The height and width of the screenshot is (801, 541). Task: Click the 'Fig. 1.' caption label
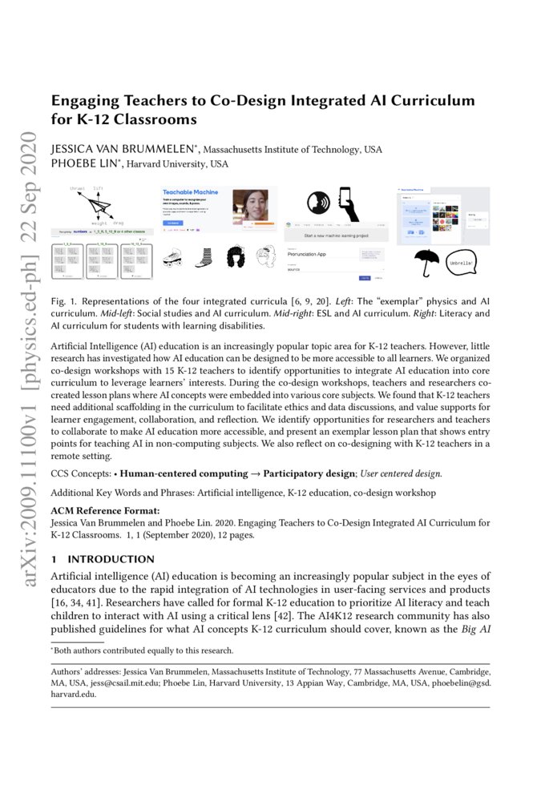[63, 301]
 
